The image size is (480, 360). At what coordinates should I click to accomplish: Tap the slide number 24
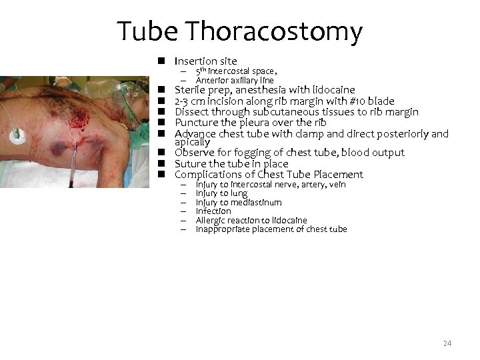447,343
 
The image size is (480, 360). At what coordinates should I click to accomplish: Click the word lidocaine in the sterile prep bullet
332,90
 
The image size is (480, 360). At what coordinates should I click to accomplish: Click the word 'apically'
192,142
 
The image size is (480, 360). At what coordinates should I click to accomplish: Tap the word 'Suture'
190,163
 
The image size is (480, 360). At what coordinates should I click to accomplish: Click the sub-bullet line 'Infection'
213,211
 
